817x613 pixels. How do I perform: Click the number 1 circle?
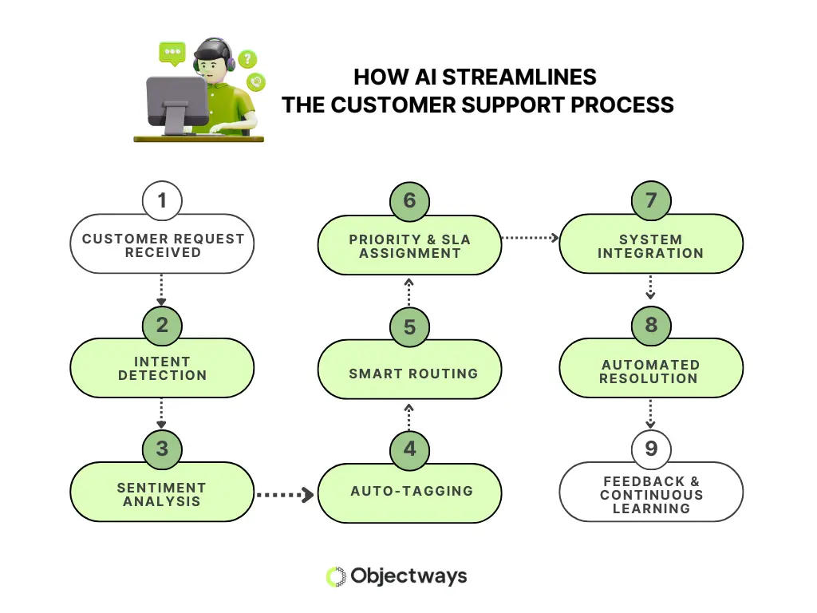tap(162, 200)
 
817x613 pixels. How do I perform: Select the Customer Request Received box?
tap(162, 245)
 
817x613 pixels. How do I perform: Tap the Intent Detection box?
tap(162, 369)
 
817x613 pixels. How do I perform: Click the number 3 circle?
tap(162, 449)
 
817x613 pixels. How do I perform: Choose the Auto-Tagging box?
tap(410, 492)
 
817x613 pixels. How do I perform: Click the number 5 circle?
tap(409, 326)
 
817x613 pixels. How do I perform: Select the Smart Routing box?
tap(410, 373)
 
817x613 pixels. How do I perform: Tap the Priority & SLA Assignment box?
tap(410, 246)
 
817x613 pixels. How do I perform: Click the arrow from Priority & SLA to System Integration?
tap(530, 237)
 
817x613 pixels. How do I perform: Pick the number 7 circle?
tap(651, 200)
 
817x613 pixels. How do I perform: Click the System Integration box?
tap(651, 245)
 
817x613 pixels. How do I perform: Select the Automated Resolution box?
tap(651, 370)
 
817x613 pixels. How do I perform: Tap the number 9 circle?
tap(651, 449)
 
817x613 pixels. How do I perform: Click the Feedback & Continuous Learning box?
tap(651, 494)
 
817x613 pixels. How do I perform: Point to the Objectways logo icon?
tap(336, 576)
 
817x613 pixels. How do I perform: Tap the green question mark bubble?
tap(247, 58)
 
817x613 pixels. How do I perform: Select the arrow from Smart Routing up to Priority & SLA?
tap(408, 292)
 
